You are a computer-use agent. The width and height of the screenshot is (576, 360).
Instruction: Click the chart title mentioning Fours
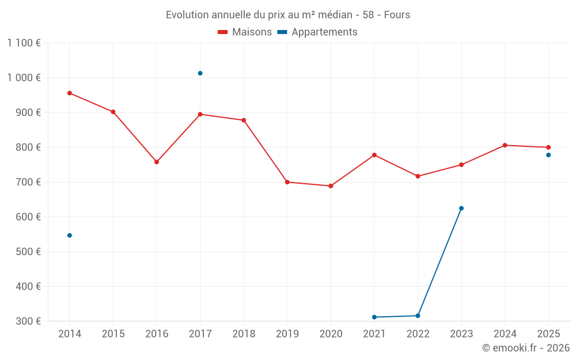point(288,14)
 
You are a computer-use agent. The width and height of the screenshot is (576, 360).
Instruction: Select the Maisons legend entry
point(245,32)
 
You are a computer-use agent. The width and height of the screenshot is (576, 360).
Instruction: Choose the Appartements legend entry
point(317,32)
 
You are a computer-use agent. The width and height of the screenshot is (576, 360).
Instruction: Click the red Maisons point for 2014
point(70,93)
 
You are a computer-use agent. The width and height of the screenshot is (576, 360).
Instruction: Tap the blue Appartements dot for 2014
point(70,235)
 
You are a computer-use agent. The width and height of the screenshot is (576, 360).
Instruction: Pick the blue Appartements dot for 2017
point(200,73)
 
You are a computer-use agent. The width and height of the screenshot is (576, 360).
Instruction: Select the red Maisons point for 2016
point(157,162)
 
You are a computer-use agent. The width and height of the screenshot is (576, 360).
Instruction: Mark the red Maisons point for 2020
point(331,186)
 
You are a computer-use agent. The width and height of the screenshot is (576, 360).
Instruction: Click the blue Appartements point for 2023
point(461,208)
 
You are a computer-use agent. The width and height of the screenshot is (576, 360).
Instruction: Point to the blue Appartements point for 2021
point(374,317)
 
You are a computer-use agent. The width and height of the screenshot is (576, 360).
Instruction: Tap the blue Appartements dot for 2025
point(548,155)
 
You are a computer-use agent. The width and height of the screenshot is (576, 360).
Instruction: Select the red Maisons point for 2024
point(505,145)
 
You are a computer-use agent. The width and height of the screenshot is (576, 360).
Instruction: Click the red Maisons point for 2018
point(244,120)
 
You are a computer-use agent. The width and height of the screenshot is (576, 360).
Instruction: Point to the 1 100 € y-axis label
point(24,43)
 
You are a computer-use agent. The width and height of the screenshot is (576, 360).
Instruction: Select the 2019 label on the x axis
point(287,334)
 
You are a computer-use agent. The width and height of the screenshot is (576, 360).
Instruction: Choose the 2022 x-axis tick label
point(418,334)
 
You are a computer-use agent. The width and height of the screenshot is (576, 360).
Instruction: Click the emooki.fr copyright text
point(525,348)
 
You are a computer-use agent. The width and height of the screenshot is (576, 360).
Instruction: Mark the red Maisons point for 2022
point(418,176)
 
